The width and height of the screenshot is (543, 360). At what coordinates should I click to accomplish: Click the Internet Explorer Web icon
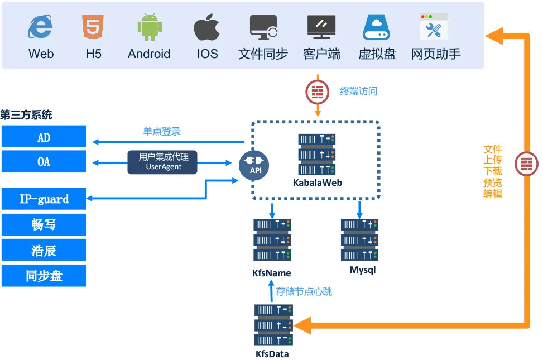[x=41, y=28]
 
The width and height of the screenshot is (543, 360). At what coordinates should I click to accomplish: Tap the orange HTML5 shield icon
[x=93, y=27]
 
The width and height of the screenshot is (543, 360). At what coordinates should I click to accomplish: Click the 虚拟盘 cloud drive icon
[x=377, y=27]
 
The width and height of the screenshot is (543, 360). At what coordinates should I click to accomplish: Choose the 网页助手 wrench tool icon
[x=435, y=27]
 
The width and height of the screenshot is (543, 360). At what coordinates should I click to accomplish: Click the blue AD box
[x=44, y=137]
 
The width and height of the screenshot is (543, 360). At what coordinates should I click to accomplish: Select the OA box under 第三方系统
[x=44, y=161]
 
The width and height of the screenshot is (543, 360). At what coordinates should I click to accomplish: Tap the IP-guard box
[x=44, y=199]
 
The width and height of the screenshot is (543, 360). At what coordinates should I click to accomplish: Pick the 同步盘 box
[x=44, y=276]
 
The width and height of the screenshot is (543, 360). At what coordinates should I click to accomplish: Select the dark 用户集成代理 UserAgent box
[x=163, y=162]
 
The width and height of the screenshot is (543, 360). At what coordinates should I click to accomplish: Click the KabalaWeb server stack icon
[x=317, y=155]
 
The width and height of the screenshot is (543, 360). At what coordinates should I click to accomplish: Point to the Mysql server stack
[x=359, y=240]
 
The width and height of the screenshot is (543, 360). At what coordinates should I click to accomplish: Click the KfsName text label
[x=272, y=273]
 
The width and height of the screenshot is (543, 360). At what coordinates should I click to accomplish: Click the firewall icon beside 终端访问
[x=318, y=92]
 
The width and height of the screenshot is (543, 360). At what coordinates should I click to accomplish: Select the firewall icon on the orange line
[x=526, y=164]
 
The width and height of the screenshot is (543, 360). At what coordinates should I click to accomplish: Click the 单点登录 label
[x=162, y=132]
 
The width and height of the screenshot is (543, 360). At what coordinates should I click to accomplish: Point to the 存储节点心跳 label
[x=305, y=291]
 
